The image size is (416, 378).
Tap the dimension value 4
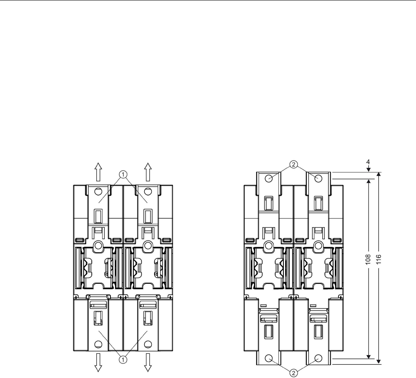(x=368, y=162)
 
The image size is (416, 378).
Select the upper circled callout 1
(x=123, y=175)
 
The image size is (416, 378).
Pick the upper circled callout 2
(x=293, y=165)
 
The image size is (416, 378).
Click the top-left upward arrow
(x=98, y=172)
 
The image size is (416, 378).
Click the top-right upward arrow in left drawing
(x=148, y=172)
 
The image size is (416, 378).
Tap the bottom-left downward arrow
(x=98, y=363)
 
